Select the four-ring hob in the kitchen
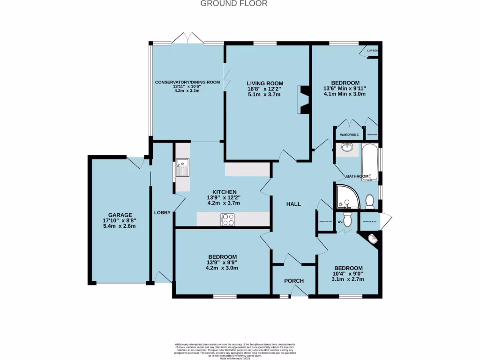(x=228, y=219)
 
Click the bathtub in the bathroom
(x=370, y=163)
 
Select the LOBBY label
(x=162, y=213)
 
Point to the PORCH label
(x=294, y=281)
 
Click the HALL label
(x=293, y=204)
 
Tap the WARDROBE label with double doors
(x=349, y=135)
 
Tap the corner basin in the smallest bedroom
(x=374, y=240)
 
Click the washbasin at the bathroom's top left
(x=347, y=149)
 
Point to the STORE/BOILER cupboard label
(x=370, y=221)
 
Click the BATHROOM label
(x=357, y=176)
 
